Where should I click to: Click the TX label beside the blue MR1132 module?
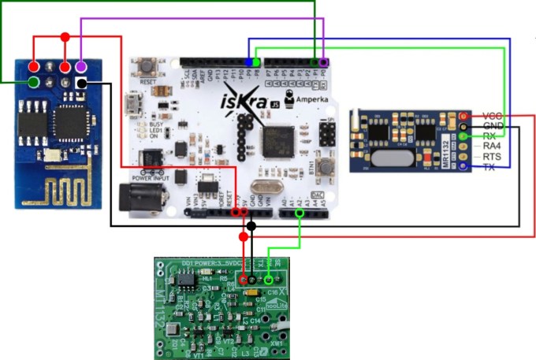coord(489,167)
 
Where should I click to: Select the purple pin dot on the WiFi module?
coord(81,66)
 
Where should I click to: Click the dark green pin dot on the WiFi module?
coord(35,83)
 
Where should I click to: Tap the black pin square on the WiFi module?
coord(81,83)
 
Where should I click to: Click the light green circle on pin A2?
coord(300,212)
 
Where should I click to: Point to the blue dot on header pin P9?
coord(250,61)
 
